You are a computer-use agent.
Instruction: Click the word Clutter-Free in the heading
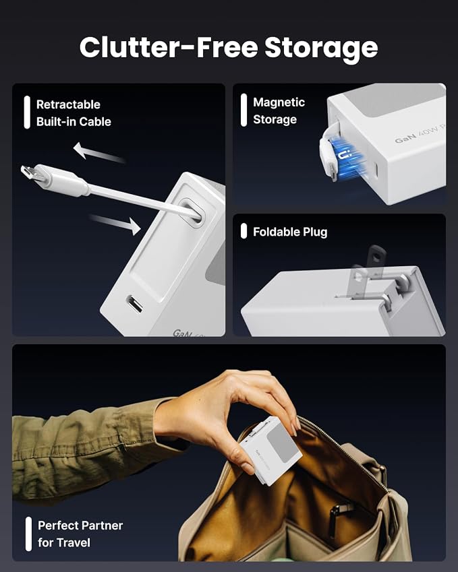click(169, 47)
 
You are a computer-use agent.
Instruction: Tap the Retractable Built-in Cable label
click(74, 113)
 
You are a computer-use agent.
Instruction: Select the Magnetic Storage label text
click(279, 111)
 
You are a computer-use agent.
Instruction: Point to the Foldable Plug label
click(290, 232)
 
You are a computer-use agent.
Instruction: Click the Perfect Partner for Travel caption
click(80, 534)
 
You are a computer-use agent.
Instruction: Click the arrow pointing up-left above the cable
click(98, 152)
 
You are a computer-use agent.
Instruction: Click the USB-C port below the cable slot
click(134, 305)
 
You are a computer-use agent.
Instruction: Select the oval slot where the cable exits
click(191, 212)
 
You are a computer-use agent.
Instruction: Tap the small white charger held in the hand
click(271, 451)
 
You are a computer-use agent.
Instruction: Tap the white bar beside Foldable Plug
click(244, 231)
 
